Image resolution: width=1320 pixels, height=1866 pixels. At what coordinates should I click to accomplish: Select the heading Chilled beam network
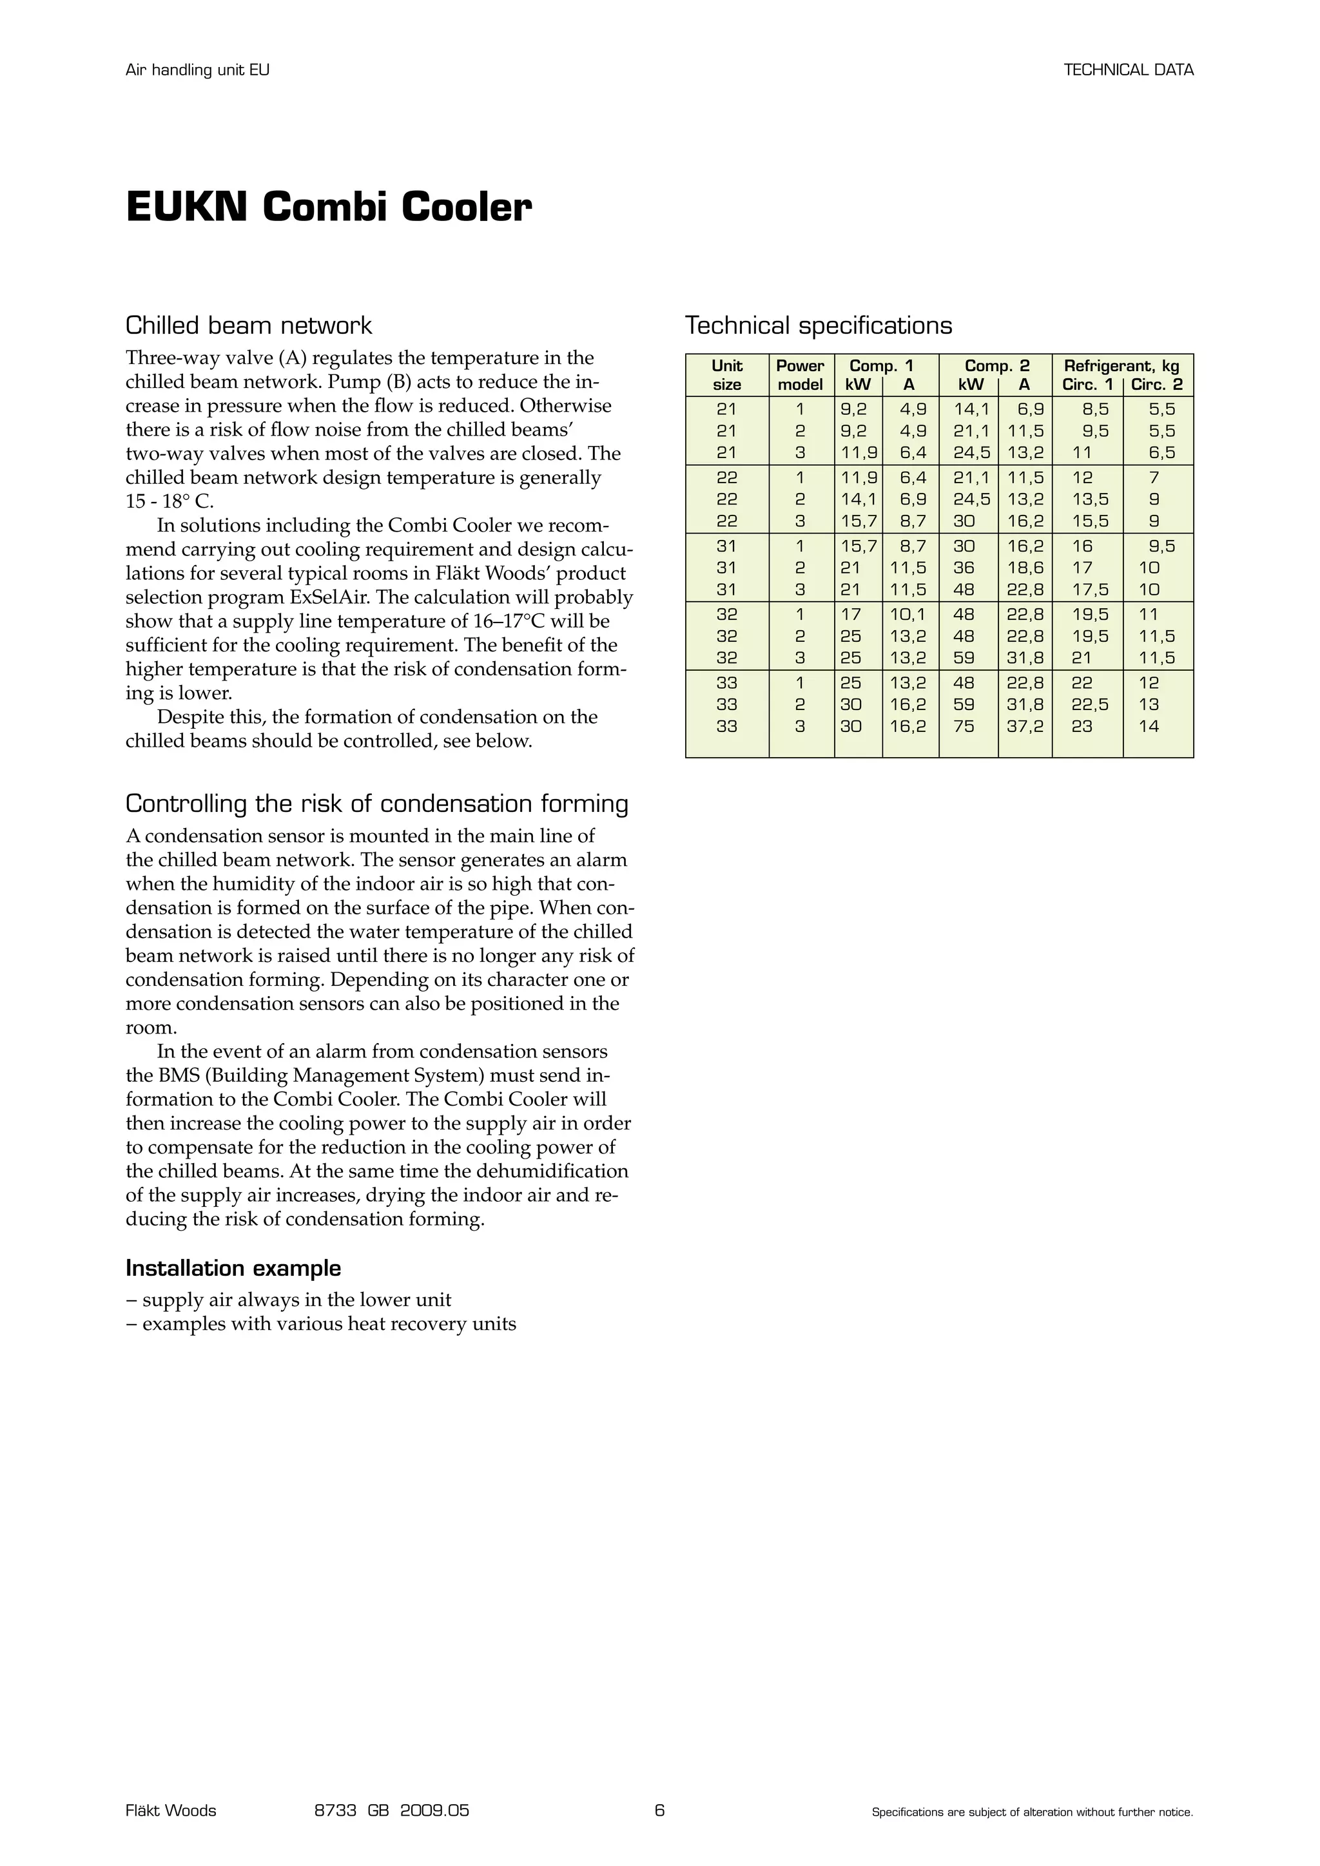[x=248, y=326]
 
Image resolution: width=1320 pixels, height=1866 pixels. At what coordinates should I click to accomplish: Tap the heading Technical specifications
[x=818, y=326]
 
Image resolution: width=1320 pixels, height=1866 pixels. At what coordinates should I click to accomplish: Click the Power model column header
[x=800, y=374]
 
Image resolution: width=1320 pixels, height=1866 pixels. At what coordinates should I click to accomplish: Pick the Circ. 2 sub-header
[x=1157, y=385]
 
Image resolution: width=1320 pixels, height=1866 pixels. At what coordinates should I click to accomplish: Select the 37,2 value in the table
[x=1024, y=727]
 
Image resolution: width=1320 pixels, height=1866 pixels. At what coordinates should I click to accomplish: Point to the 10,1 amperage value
[x=908, y=615]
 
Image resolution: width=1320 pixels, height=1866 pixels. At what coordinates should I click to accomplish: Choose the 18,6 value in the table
[x=1024, y=568]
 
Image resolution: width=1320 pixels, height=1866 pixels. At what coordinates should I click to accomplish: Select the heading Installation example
[x=233, y=1269]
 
